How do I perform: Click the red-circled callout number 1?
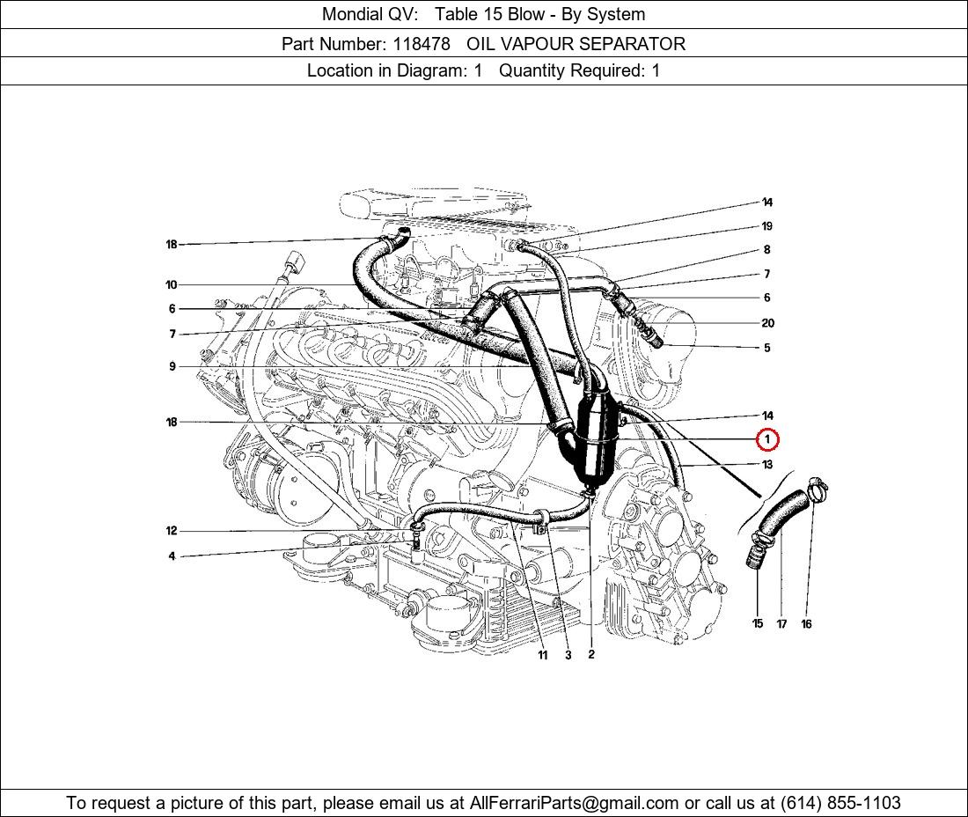[x=767, y=439]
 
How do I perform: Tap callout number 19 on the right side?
[x=766, y=226]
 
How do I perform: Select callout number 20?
[x=767, y=323]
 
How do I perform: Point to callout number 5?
[x=767, y=348]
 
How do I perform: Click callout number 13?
[x=767, y=464]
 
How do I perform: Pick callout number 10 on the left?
[x=171, y=284]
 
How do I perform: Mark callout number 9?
[x=172, y=366]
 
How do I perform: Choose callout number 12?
[x=171, y=531]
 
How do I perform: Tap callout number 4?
[x=172, y=556]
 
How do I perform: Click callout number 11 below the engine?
[x=542, y=655]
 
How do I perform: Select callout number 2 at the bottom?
[x=591, y=655]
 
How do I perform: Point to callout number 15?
[x=758, y=623]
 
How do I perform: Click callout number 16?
[x=806, y=623]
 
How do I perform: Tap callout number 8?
[x=766, y=249]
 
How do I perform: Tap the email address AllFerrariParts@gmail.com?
[x=574, y=803]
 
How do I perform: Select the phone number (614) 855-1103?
[x=840, y=803]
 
